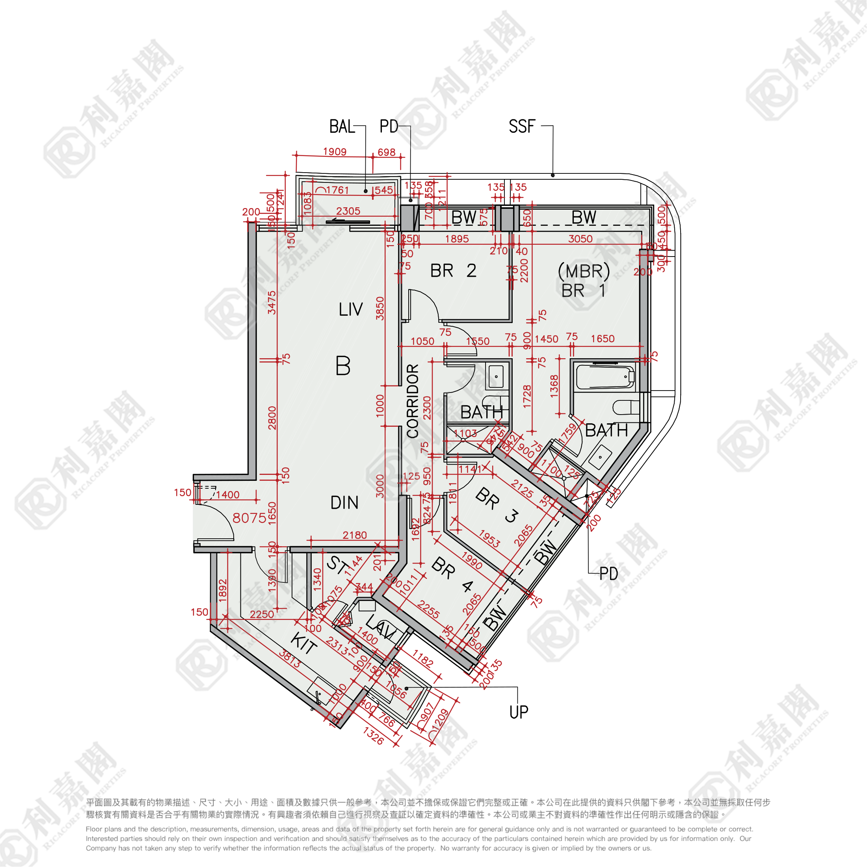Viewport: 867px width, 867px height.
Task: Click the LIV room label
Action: (350, 310)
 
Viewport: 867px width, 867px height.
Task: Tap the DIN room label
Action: (344, 502)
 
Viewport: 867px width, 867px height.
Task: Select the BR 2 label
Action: (453, 271)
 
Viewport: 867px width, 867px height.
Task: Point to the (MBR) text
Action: (583, 272)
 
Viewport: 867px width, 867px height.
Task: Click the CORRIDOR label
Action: (412, 401)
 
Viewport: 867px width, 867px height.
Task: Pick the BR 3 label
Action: (498, 505)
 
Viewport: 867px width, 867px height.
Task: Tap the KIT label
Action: (304, 644)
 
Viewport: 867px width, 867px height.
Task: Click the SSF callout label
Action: (521, 127)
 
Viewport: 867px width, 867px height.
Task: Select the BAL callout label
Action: (342, 127)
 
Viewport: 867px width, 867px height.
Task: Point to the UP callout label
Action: (519, 712)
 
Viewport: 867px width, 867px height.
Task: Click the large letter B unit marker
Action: (343, 366)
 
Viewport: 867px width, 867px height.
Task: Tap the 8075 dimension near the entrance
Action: (249, 518)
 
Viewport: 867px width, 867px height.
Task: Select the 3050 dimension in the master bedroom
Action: (580, 239)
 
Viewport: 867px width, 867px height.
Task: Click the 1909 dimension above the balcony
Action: (335, 152)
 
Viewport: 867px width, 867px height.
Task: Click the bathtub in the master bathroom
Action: (605, 378)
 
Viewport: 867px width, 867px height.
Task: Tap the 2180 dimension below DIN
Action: (355, 535)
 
